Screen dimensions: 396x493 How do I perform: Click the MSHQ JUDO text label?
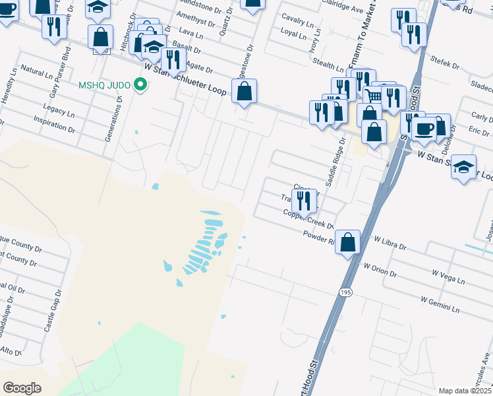click(104, 84)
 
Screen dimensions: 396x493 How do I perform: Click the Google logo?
click(22, 388)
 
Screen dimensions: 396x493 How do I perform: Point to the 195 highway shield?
click(345, 291)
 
